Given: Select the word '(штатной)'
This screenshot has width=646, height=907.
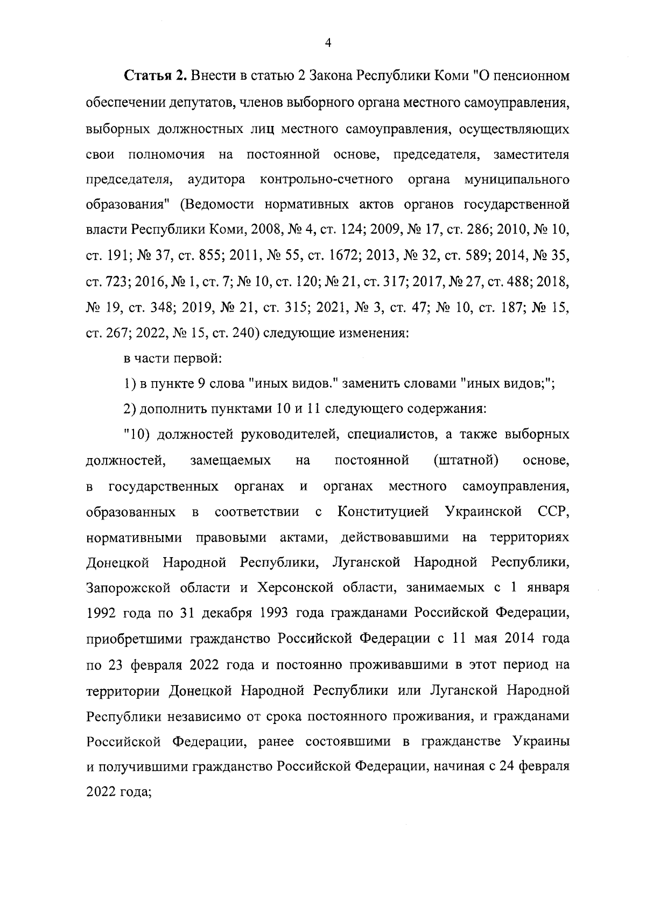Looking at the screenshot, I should click(465, 461).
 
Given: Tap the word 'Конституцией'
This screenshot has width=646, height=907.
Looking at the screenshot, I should click(383, 512).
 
